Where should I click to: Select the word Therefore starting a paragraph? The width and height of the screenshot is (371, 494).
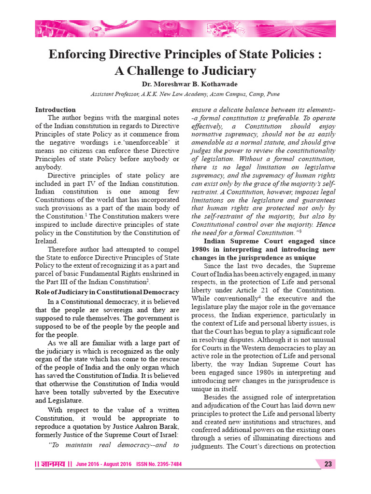[64, 249]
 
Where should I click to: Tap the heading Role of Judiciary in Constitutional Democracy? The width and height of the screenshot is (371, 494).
[107, 292]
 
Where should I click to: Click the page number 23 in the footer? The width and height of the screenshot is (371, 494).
[328, 464]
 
